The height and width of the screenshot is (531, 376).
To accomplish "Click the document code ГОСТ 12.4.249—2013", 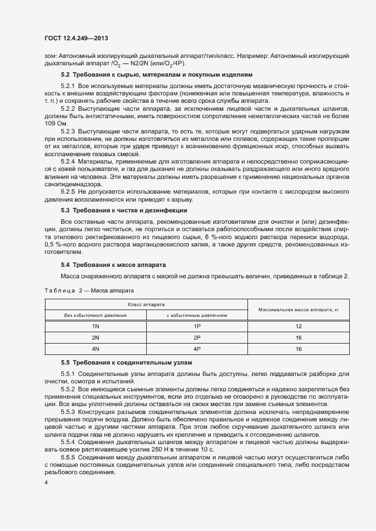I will coord(76,38).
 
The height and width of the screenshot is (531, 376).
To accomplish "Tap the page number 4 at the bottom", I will coord(46,482).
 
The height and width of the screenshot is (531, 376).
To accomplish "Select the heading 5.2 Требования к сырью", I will coord(155,74).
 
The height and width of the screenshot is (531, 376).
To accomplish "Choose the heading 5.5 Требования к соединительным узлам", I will coord(126,362).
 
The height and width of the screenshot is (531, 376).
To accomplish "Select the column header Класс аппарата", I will coord(146,304).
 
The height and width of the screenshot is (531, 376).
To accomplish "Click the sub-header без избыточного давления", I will coord(96,315).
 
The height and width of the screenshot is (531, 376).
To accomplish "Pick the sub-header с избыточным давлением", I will coord(197,315).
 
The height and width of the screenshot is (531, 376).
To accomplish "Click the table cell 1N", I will coord(96,327).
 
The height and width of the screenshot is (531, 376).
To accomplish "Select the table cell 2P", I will coord(197,338).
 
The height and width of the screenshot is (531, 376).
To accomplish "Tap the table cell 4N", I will coord(96,349).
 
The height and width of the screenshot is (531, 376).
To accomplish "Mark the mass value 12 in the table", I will coord(298,327).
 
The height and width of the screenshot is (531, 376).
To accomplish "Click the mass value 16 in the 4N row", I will coord(298,349).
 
